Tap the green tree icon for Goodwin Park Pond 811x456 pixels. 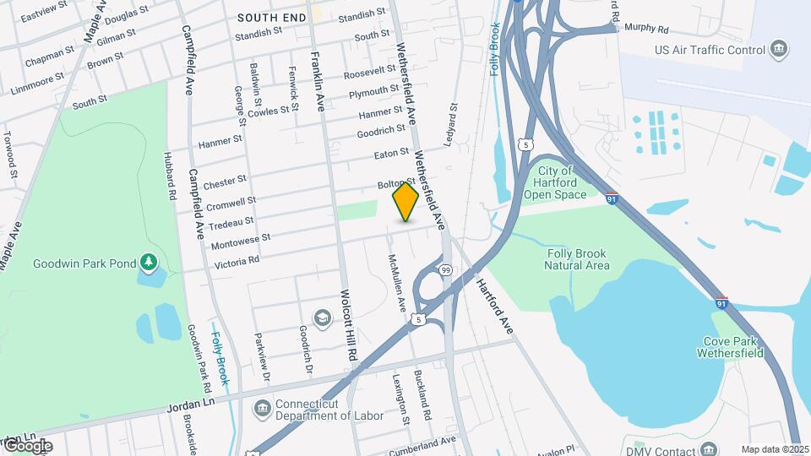pyautogui.click(x=150, y=263)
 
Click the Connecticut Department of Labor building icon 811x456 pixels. pyautogui.click(x=262, y=410)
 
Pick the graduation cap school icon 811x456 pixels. pyautogui.click(x=322, y=318)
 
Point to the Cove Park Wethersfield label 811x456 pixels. pyautogui.click(x=731, y=347)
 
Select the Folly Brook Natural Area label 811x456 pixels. pyautogui.click(x=578, y=258)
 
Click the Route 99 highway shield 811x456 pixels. pyautogui.click(x=445, y=269)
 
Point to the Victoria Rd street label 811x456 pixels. pyautogui.click(x=237, y=261)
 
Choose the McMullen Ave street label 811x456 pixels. pyautogui.click(x=396, y=282)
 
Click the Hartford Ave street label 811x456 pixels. pyautogui.click(x=494, y=305)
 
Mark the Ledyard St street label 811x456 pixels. pyautogui.click(x=450, y=122)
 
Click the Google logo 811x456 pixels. pyautogui.click(x=27, y=446)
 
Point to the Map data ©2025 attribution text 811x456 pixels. pyautogui.click(x=776, y=449)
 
